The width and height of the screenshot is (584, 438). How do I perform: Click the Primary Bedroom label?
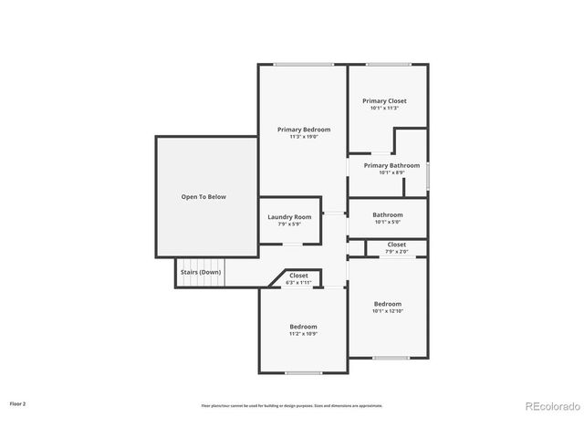point(304,130)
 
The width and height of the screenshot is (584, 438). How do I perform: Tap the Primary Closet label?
point(384,100)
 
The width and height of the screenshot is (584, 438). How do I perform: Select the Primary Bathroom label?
point(391,165)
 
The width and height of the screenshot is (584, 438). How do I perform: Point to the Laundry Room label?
point(289,216)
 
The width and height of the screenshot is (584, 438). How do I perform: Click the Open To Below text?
point(203,196)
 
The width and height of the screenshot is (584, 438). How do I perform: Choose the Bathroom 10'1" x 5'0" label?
point(387,214)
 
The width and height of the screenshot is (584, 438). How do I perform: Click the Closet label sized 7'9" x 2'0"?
point(397,245)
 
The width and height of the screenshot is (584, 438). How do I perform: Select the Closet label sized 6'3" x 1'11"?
point(298,275)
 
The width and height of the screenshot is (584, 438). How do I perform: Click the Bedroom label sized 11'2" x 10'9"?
point(304,327)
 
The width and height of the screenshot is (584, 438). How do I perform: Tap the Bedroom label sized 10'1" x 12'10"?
point(387,304)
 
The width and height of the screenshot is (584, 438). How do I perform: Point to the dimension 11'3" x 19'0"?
point(304,137)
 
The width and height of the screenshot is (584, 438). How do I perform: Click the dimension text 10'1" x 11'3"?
point(384,108)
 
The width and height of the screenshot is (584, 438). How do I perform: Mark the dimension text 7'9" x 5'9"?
point(289,224)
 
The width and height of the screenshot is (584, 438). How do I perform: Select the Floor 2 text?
point(18,402)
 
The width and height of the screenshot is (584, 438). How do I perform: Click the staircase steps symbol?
point(186,273)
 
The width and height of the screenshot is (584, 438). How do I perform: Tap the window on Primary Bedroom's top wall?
point(304,64)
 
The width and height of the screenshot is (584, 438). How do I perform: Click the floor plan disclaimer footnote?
point(292,405)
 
